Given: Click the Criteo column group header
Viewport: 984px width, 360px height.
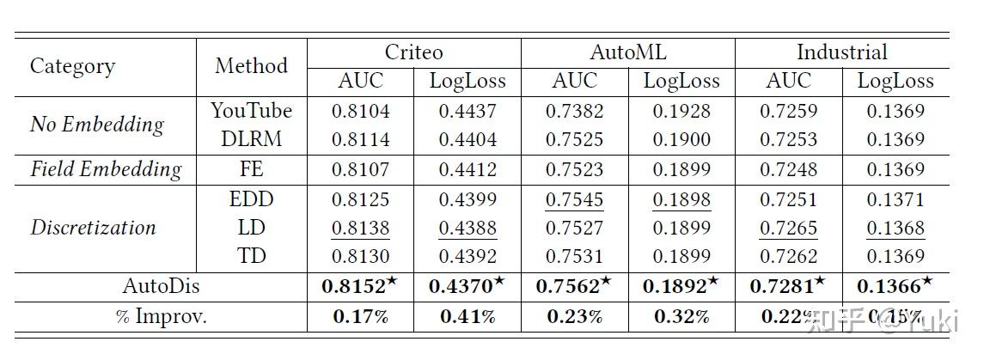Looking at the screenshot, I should click(413, 52).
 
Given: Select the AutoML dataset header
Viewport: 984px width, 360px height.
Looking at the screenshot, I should click(627, 52).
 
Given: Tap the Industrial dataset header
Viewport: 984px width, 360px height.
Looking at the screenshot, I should click(841, 52).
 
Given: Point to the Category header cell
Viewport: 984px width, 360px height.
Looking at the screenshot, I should click(72, 66).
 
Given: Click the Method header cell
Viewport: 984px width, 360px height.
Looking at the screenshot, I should click(251, 66).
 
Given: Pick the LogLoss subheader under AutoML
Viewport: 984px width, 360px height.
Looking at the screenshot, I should click(681, 82).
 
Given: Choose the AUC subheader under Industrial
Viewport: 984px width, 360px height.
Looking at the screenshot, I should click(788, 82).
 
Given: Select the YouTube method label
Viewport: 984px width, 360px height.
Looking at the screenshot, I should click(251, 111).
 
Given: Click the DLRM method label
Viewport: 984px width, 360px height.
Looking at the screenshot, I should click(251, 139).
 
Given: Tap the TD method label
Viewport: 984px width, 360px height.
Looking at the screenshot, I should click(251, 256).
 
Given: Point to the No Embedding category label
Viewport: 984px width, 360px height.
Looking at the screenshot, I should click(96, 125).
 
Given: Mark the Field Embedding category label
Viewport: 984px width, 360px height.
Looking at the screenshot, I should click(106, 169).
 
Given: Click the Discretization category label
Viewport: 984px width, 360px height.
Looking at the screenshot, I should click(93, 228).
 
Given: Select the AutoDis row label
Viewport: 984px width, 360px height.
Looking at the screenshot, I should click(161, 287).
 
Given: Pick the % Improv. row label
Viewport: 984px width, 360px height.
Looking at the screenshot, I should click(161, 316).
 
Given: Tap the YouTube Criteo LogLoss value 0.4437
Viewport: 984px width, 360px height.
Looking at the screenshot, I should click(468, 111).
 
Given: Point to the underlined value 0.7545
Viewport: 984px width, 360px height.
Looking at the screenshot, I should click(574, 199).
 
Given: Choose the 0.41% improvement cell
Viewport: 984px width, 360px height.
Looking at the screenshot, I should click(468, 316).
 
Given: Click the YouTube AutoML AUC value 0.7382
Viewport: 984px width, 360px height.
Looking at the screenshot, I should click(574, 111).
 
